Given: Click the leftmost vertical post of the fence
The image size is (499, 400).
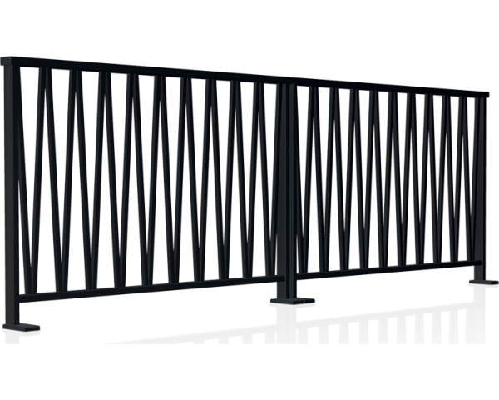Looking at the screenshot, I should click(10, 192).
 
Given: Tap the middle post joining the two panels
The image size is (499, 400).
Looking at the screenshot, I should click(285, 187).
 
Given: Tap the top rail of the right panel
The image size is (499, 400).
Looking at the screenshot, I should click(383, 89).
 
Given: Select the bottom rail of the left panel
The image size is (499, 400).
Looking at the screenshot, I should click(150, 292).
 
